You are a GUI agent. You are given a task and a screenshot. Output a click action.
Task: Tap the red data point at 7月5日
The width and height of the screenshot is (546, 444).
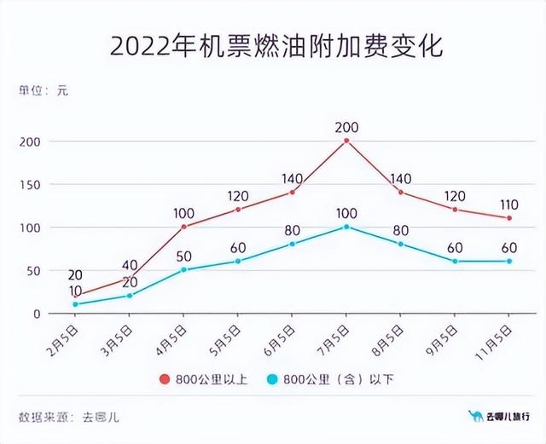[346, 141]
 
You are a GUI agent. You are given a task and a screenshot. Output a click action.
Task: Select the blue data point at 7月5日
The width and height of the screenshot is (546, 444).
[346, 227]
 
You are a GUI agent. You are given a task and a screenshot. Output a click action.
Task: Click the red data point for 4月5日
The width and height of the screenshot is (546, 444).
[183, 227]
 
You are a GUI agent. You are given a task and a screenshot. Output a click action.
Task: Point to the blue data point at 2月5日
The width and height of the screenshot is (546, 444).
[75, 304]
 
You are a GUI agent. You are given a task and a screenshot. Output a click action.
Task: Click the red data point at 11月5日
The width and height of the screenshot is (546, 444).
[509, 218]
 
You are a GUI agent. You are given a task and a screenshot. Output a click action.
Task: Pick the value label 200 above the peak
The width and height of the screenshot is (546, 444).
[346, 128]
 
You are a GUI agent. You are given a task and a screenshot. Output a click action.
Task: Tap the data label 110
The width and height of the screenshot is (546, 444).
[509, 205]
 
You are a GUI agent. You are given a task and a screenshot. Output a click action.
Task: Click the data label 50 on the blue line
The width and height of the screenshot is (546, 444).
[183, 257]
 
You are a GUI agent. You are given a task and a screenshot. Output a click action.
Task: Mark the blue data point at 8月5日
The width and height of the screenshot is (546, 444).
[401, 244]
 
